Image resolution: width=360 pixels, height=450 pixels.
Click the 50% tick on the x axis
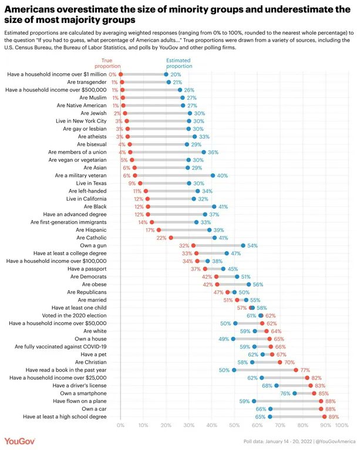[x=234, y=424]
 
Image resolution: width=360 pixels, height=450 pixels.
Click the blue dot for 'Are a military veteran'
[x=212, y=175]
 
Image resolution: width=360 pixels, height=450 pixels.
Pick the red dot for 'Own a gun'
[x=193, y=245]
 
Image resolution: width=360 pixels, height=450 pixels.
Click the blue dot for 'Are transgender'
[x=168, y=82]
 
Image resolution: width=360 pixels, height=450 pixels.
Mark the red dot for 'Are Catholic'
[x=171, y=238]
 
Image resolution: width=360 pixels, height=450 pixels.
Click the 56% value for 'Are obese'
[x=257, y=284]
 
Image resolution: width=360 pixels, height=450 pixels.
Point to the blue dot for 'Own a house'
[x=233, y=339]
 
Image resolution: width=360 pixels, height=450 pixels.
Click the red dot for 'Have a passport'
[x=205, y=269]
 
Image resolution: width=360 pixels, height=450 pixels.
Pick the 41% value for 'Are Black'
[x=223, y=207]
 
